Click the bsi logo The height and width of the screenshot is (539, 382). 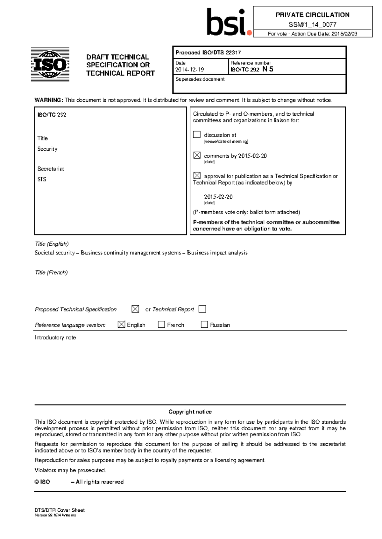point(229,22)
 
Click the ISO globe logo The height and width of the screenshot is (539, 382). point(50,65)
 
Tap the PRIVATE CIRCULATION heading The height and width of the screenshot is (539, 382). point(312,15)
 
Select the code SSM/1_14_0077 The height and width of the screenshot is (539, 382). point(312,24)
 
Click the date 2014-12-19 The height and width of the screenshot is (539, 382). point(189,69)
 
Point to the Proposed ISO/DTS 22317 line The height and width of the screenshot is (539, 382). point(208,53)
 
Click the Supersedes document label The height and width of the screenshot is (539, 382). point(200,79)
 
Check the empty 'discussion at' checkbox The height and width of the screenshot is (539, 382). point(197,134)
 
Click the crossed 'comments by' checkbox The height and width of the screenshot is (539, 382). point(197,155)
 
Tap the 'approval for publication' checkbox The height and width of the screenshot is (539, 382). point(197,175)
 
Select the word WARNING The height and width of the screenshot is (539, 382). point(48,100)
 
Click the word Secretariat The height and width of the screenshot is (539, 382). point(51,169)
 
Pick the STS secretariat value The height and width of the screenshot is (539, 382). point(42,179)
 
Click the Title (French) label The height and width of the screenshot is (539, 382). point(51,272)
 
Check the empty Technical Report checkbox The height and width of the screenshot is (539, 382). point(202,309)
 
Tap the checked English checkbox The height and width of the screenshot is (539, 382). point(121,324)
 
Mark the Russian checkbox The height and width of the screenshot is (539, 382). point(204,324)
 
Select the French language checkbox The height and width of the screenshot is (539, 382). point(161,324)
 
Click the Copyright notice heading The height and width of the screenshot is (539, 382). point(190,412)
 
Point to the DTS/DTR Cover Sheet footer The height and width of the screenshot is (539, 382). point(60,510)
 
